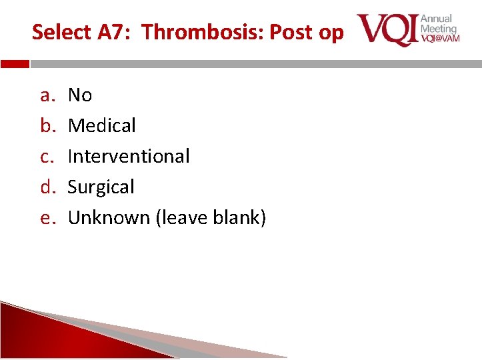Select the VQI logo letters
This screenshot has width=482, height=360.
tap(387, 29)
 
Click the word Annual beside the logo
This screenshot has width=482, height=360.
tap(437, 19)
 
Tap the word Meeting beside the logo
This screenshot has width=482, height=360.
tap(439, 29)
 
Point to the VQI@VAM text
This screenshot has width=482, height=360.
tap(440, 39)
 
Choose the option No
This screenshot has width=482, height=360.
tap(80, 95)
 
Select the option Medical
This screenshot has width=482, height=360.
tap(102, 125)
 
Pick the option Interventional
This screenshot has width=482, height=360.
tap(129, 156)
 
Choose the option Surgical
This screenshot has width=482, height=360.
tap(101, 187)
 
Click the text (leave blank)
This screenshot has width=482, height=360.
tap(211, 218)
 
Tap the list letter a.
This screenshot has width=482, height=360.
tap(47, 95)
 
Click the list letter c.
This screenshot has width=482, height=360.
tap(47, 157)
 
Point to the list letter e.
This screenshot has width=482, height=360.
tap(47, 218)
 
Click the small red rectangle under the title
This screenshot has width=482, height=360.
tap(15, 65)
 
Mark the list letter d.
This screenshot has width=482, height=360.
tap(47, 187)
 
